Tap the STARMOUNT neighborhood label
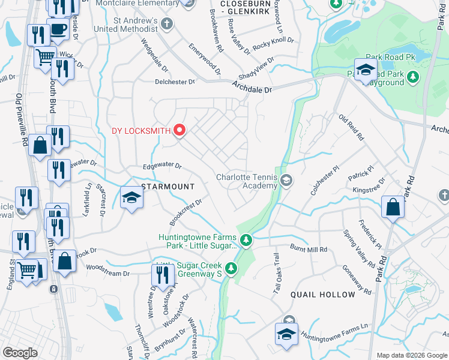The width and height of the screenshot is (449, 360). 167,187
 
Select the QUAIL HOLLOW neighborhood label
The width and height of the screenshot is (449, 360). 323,295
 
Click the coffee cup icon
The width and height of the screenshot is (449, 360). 58,29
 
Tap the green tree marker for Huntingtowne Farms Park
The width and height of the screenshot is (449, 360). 246,241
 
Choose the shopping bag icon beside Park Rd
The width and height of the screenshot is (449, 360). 393,208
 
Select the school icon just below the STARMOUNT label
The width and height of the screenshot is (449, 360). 131,198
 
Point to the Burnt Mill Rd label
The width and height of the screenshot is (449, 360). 308,249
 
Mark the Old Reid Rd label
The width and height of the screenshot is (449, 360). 351,128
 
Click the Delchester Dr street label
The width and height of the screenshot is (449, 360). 175,82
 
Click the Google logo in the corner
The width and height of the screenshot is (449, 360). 20,353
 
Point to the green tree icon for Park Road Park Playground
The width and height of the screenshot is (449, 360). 412,77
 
